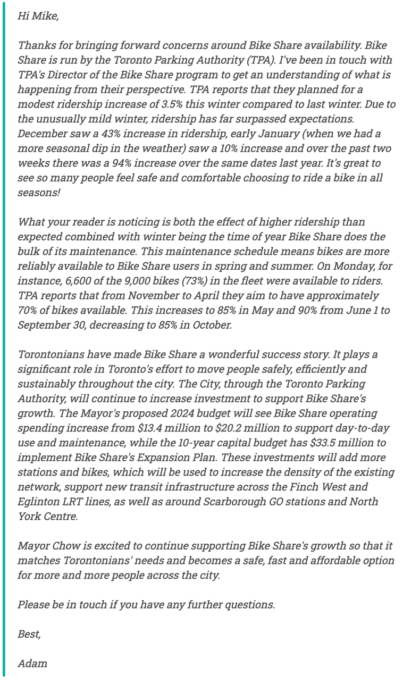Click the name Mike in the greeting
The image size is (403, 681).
[x=45, y=16]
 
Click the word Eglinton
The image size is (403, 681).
[x=39, y=501]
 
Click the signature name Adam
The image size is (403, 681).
[x=32, y=663]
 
